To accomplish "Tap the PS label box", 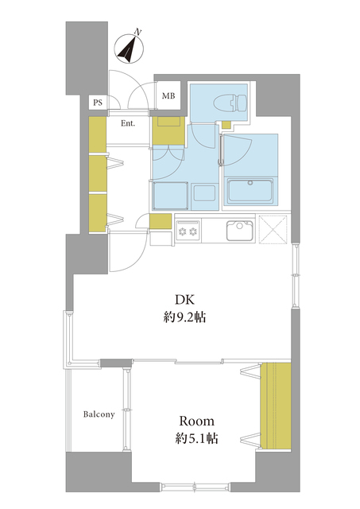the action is [98, 103].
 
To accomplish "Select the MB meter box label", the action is [168, 95].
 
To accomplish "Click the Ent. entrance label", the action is [128, 124].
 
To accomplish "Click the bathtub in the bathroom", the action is [250, 192].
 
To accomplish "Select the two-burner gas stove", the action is [188, 231].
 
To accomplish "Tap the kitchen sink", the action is [239, 230].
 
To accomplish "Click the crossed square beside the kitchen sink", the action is [273, 229].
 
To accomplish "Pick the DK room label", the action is [184, 301].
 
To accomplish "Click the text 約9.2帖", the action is [184, 317].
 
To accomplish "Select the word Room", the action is [197, 422].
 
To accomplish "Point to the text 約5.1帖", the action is [196, 439].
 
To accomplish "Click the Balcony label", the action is [99, 414].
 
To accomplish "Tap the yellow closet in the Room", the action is [276, 406].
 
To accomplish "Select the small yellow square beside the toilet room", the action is [226, 125].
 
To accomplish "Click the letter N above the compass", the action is [138, 32].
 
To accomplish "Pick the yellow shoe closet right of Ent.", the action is [168, 130].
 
